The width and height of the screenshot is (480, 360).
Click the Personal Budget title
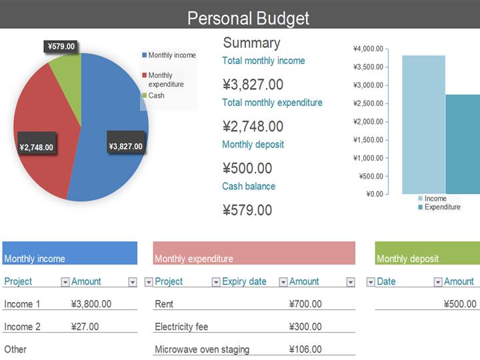(248, 18)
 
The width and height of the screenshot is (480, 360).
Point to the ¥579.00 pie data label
(61, 47)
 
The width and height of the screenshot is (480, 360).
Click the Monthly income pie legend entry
(171, 55)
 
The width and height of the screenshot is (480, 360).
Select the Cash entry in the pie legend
(156, 95)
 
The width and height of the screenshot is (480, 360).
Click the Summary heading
(251, 43)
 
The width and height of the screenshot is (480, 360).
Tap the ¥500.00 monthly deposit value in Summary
(247, 168)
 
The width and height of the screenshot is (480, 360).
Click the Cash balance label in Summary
(249, 186)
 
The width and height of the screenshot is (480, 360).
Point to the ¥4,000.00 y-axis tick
(368, 49)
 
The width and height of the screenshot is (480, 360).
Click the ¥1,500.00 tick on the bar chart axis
(368, 139)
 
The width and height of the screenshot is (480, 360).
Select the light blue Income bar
(423, 124)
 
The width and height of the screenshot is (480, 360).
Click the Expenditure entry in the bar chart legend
(442, 207)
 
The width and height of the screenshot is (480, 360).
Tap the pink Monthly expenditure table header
(253, 253)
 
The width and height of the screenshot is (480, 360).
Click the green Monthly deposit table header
(427, 253)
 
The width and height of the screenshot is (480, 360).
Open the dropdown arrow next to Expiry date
(283, 282)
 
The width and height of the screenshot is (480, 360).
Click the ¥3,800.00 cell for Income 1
(91, 304)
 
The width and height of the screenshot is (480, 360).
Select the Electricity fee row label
(181, 327)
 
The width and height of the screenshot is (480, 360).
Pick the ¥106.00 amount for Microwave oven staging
(305, 349)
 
